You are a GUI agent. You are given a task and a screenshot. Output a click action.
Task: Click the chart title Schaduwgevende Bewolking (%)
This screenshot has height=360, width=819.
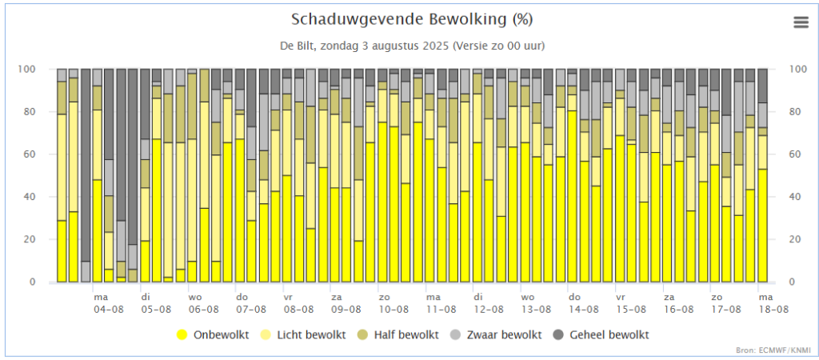point(412,18)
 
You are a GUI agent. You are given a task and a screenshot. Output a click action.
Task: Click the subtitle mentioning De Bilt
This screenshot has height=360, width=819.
point(412,46)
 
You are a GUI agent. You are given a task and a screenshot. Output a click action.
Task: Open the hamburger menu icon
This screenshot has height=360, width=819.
point(801,22)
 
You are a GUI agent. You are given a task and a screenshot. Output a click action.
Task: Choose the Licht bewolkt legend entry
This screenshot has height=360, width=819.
point(304,334)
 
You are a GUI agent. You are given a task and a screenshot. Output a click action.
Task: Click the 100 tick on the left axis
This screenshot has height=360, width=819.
point(29,69)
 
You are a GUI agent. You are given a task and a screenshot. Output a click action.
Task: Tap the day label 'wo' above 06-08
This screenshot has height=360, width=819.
point(194,297)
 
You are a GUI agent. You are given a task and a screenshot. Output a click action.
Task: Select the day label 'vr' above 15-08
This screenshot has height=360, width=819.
point(621,297)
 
